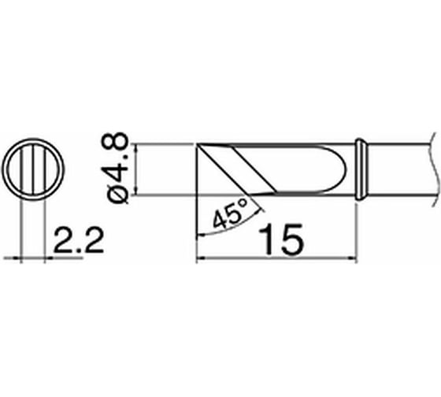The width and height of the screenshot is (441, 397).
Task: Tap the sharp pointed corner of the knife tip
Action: [196, 234]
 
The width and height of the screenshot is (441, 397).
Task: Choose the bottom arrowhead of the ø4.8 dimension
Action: [137, 190]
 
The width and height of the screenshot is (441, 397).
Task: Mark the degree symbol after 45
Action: [245, 204]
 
